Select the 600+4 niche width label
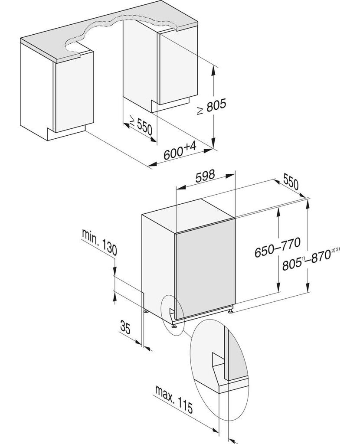180,151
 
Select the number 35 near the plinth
125,328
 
